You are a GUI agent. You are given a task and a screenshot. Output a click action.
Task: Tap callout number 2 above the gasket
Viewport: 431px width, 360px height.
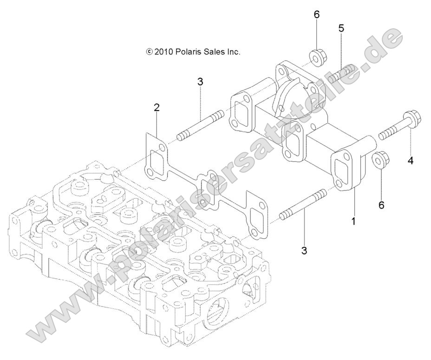157,108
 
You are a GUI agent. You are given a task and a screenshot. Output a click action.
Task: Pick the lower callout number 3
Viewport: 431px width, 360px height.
304,251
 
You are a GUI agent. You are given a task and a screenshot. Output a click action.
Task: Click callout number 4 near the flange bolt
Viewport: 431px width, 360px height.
411,161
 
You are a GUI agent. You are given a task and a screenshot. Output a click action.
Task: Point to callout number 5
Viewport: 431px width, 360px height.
341,28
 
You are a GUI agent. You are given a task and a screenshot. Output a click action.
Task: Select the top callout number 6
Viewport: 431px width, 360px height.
317,14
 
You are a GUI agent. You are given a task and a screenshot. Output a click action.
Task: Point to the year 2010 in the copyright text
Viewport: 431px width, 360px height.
163,52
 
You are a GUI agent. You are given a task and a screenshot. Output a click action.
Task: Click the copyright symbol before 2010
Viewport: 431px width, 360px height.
149,52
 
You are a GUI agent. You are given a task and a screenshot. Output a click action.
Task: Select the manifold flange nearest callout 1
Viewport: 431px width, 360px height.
346,170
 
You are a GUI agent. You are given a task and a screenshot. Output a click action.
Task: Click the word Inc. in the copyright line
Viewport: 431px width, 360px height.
234,52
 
